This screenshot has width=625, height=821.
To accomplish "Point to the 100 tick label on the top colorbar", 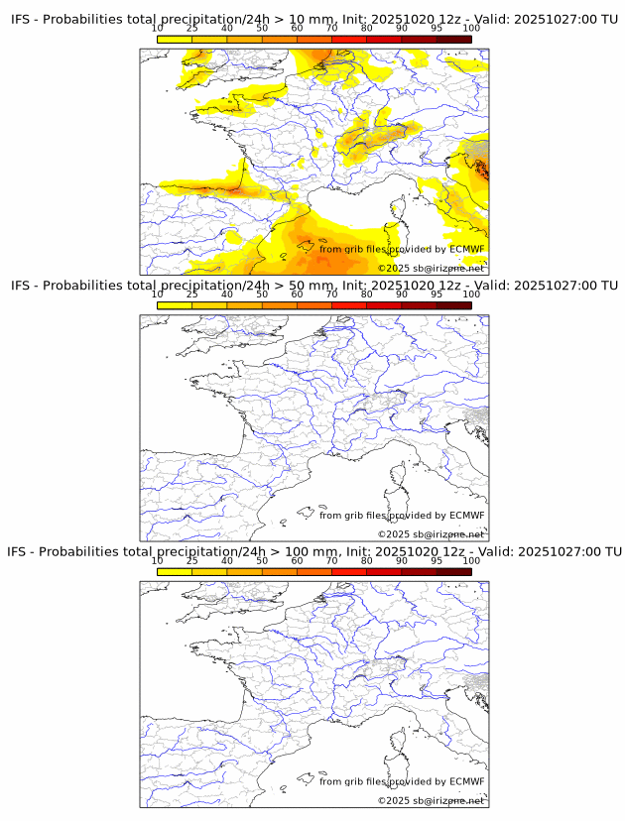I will click(x=470, y=28).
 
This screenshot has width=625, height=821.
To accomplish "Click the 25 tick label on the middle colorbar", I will click(x=191, y=293).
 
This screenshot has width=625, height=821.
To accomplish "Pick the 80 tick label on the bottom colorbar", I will click(x=366, y=560).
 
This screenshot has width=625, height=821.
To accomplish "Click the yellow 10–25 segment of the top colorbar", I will click(x=174, y=39).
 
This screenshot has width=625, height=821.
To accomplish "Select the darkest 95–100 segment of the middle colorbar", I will click(x=453, y=305).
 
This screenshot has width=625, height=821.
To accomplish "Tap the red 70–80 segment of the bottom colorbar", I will click(x=348, y=571).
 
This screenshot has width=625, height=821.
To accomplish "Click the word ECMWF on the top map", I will click(x=466, y=249).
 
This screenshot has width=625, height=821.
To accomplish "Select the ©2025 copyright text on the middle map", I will click(x=393, y=534).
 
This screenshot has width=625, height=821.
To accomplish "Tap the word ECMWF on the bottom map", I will click(x=466, y=781).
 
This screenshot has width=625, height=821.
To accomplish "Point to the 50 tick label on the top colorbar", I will click(x=261, y=28).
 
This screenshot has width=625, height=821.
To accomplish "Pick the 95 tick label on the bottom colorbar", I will click(x=436, y=560).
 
